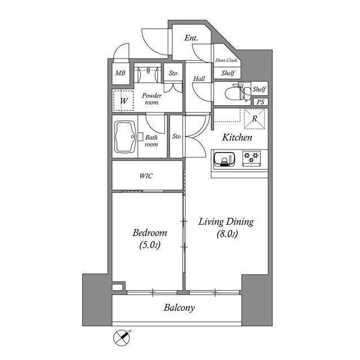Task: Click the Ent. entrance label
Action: [x=191, y=38]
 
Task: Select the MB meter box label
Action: [x=120, y=73]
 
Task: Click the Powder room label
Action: [x=152, y=99]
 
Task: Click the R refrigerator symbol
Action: [x=255, y=119]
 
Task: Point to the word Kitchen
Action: [x=236, y=137]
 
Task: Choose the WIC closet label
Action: [x=146, y=176]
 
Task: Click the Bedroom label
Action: [x=149, y=233]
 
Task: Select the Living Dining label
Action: [x=226, y=222]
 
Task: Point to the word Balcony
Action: [x=179, y=308]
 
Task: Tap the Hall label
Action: [x=199, y=79]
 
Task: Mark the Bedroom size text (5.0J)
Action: [x=149, y=246]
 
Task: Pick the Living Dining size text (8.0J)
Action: [x=226, y=235]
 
